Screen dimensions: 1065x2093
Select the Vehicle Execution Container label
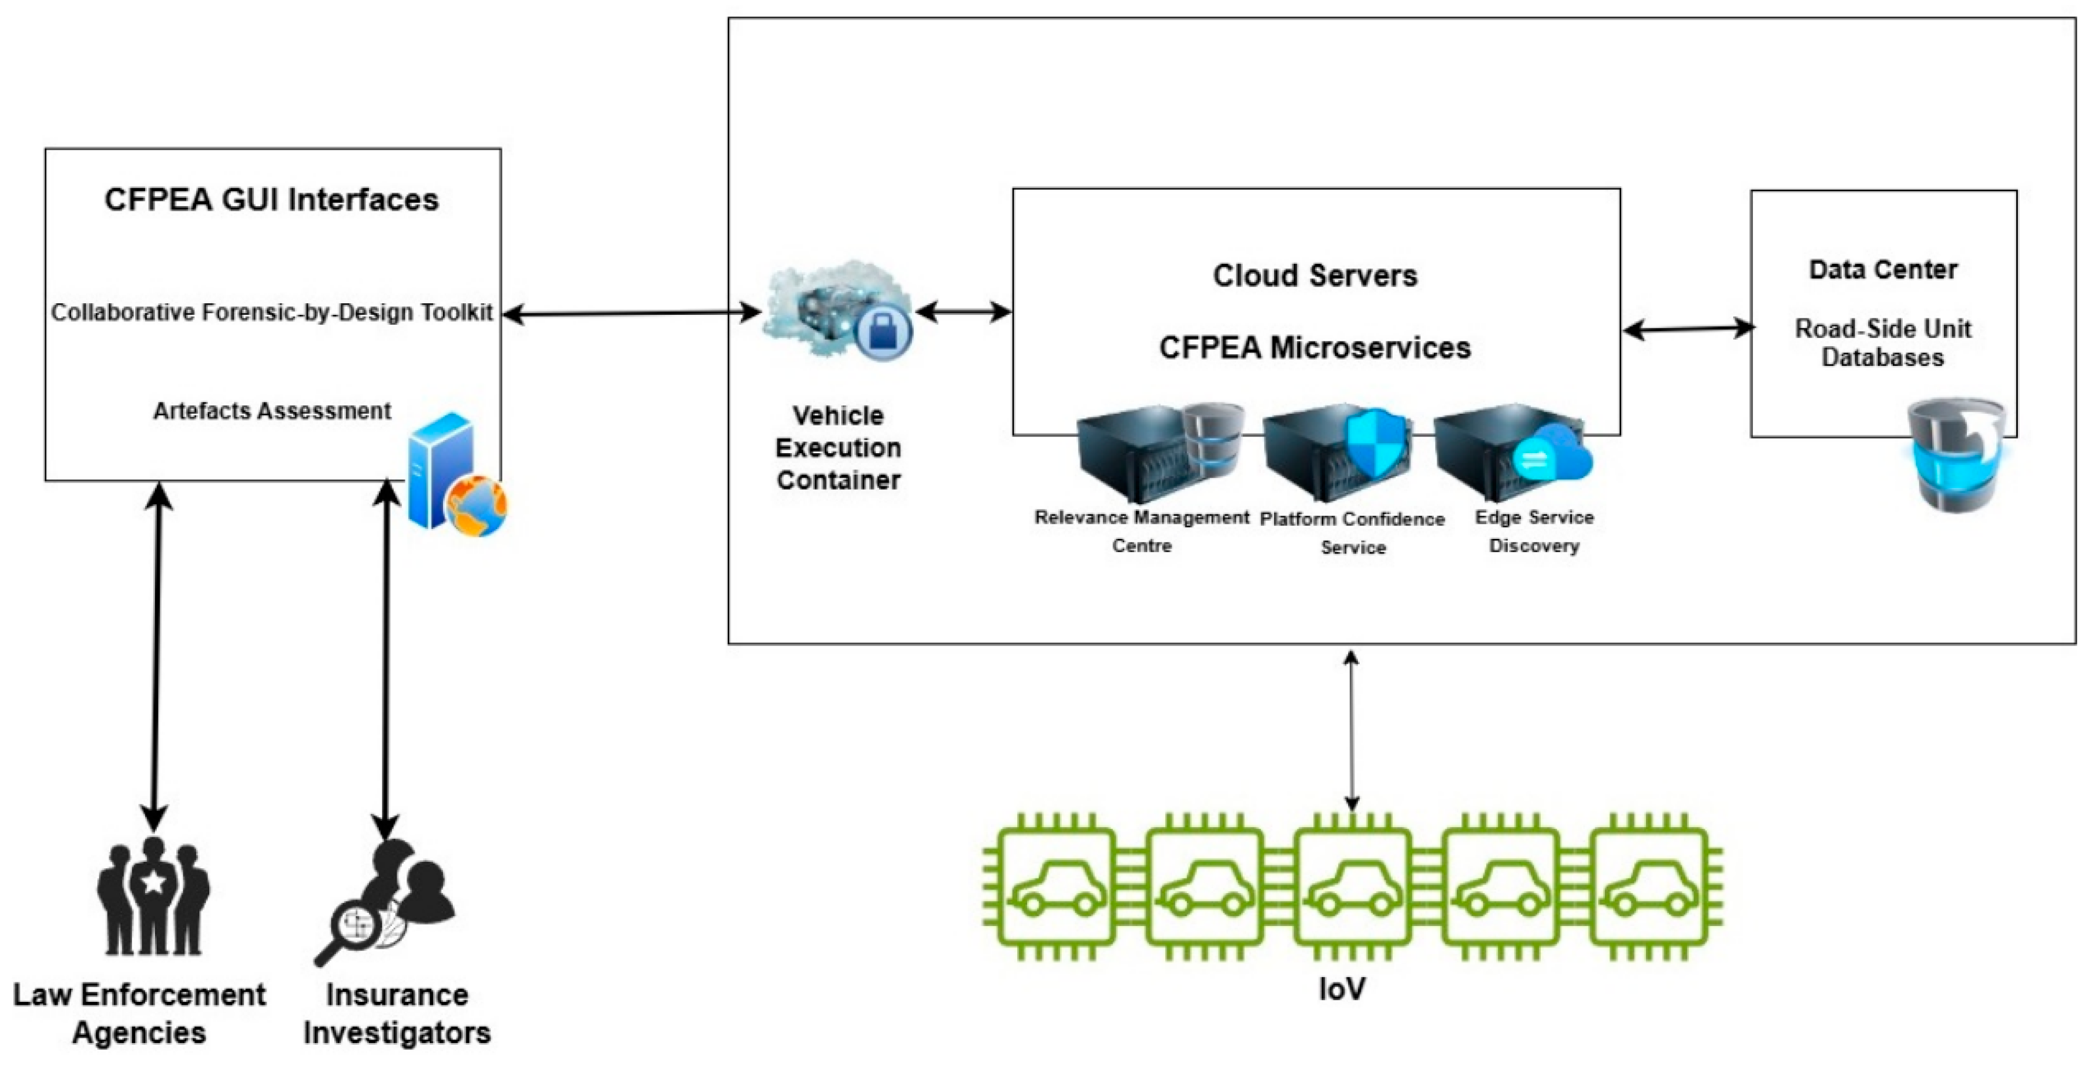pyautogui.click(x=837, y=448)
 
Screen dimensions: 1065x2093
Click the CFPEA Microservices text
pyautogui.click(x=1315, y=348)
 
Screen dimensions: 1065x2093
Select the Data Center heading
pyautogui.click(x=1882, y=270)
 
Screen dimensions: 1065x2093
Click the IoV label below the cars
pyautogui.click(x=1341, y=989)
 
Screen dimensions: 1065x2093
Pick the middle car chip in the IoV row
pyautogui.click(x=1352, y=887)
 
